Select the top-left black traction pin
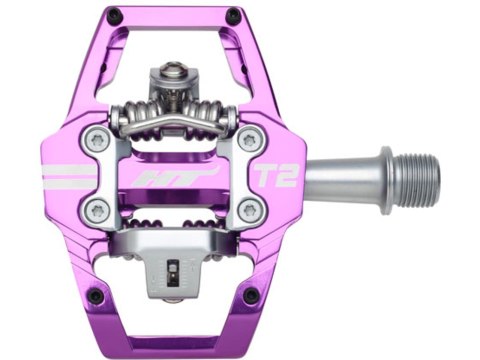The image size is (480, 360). (113, 17)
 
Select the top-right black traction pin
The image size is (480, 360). (233, 17)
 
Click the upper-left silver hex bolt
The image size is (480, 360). (98, 140)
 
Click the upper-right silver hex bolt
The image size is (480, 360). (247, 140)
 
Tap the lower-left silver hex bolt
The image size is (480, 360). (98, 210)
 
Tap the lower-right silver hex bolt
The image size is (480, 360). (247, 210)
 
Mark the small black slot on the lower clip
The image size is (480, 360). (175, 268)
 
